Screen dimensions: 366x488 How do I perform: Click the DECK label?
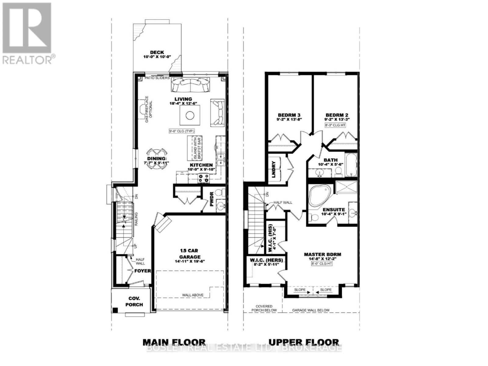(x=157, y=52)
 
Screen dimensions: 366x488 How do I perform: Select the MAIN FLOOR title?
(x=174, y=342)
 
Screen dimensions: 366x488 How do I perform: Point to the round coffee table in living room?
(x=190, y=116)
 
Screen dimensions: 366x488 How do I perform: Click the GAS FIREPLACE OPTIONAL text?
(x=148, y=109)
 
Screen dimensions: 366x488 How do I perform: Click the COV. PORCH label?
(x=134, y=301)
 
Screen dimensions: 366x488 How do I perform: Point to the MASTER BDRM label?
(x=322, y=254)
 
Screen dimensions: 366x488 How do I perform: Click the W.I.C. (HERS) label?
(x=267, y=260)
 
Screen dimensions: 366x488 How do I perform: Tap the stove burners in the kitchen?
(x=203, y=178)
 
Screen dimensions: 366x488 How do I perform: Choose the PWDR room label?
(x=212, y=203)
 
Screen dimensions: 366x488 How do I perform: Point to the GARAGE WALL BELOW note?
(x=311, y=310)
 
